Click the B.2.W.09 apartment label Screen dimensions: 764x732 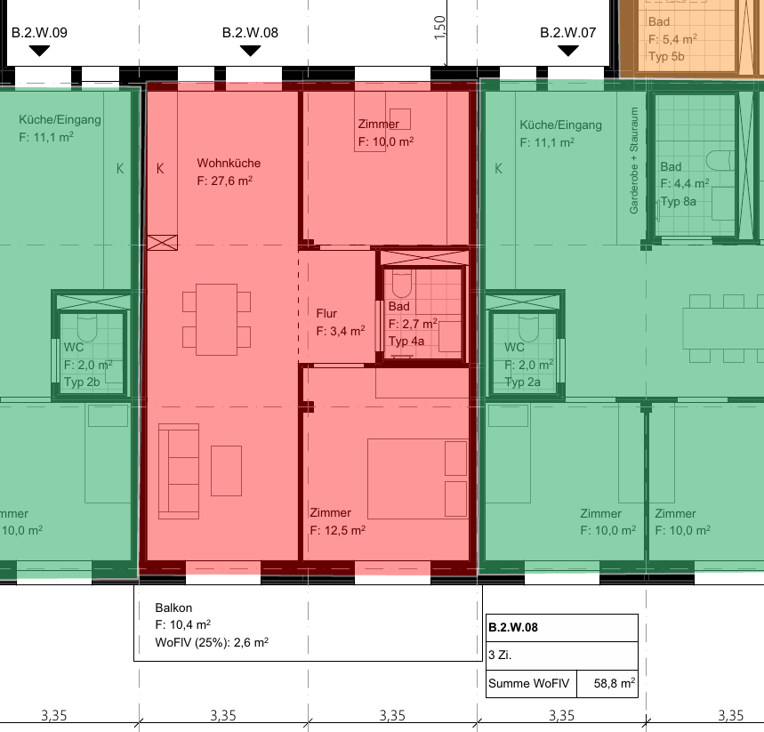click(x=39, y=33)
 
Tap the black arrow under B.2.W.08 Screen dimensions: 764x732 click(x=251, y=50)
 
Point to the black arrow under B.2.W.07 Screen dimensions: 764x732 click(x=568, y=50)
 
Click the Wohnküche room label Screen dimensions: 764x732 click(x=229, y=163)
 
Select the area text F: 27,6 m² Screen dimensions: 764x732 click(x=225, y=181)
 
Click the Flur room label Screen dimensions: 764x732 click(x=326, y=313)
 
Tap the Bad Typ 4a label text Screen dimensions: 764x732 click(x=406, y=342)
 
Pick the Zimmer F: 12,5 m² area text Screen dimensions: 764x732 click(x=338, y=530)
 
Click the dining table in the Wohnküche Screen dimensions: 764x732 click(x=216, y=319)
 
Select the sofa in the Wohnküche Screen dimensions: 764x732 click(x=179, y=471)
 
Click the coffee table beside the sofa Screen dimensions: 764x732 click(x=226, y=471)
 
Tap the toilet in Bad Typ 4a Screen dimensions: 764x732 click(x=401, y=284)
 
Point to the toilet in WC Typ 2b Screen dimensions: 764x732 click(x=88, y=327)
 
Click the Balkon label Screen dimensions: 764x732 click(x=173, y=607)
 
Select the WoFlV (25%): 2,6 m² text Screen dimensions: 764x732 click(x=212, y=642)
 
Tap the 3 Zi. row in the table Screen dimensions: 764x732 click(x=562, y=655)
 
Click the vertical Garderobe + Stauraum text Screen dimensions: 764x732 click(x=633, y=160)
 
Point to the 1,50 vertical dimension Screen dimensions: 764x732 click(x=439, y=28)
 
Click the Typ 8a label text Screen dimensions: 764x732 click(x=679, y=202)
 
